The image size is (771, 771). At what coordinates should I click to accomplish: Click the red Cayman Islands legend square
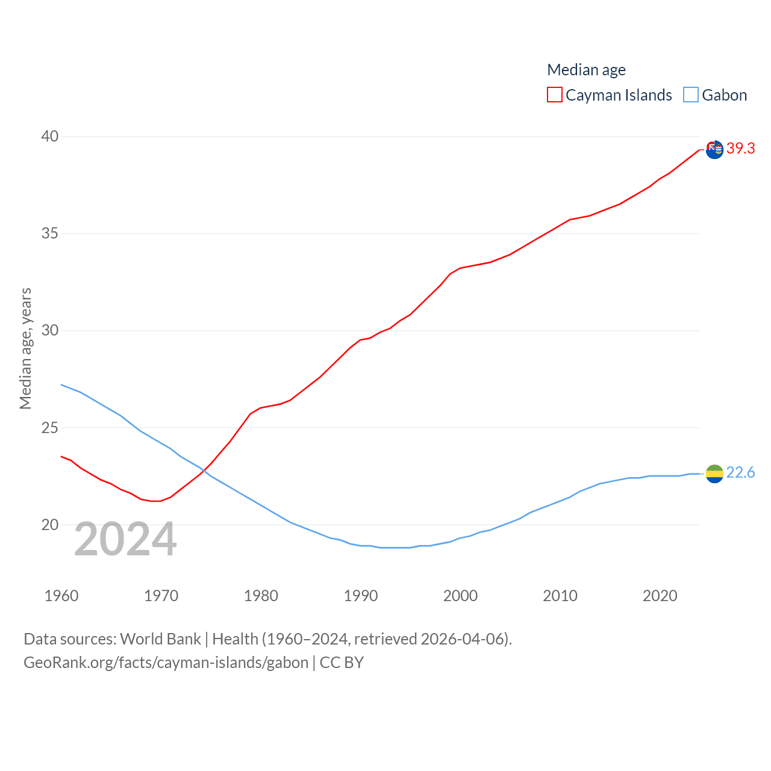[555, 95]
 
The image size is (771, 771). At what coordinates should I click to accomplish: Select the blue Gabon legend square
[691, 95]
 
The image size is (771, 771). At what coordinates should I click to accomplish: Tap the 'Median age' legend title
[586, 70]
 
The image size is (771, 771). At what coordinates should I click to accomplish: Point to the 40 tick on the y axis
[50, 136]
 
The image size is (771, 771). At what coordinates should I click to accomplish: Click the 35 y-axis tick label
[50, 233]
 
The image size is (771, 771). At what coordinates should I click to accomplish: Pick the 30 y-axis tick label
[50, 330]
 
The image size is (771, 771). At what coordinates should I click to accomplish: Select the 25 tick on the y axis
[50, 428]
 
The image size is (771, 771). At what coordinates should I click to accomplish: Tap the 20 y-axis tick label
[50, 525]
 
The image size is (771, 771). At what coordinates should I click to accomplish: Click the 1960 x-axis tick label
[61, 596]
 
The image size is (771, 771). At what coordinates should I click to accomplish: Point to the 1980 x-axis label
[261, 596]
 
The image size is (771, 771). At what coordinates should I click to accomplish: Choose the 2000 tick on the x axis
[460, 596]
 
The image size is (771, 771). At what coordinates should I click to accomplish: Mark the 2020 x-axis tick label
[660, 596]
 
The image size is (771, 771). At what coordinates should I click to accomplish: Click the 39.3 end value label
[740, 148]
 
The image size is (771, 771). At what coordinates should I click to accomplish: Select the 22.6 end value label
[740, 473]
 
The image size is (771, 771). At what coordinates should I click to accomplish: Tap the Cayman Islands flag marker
[714, 149]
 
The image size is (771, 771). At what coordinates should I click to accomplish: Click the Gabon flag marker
[714, 474]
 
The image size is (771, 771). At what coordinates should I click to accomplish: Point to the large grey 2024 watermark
[125, 540]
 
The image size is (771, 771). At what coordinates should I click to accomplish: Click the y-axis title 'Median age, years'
[25, 348]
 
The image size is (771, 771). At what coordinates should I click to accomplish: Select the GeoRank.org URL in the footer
[166, 663]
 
